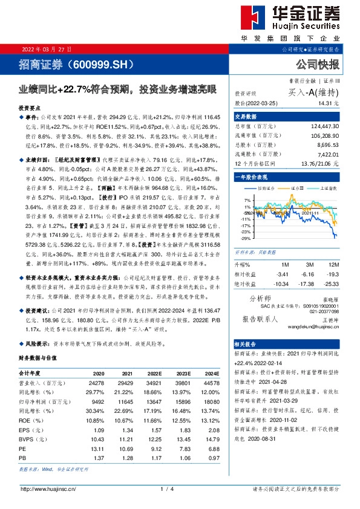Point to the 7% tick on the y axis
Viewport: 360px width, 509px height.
pyautogui.click(x=247, y=200)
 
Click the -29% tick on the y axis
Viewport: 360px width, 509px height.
pyautogui.click(x=246, y=239)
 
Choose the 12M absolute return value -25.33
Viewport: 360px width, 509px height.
pyautogui.click(x=330, y=284)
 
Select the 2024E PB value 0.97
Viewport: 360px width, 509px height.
pyautogui.click(x=212, y=459)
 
